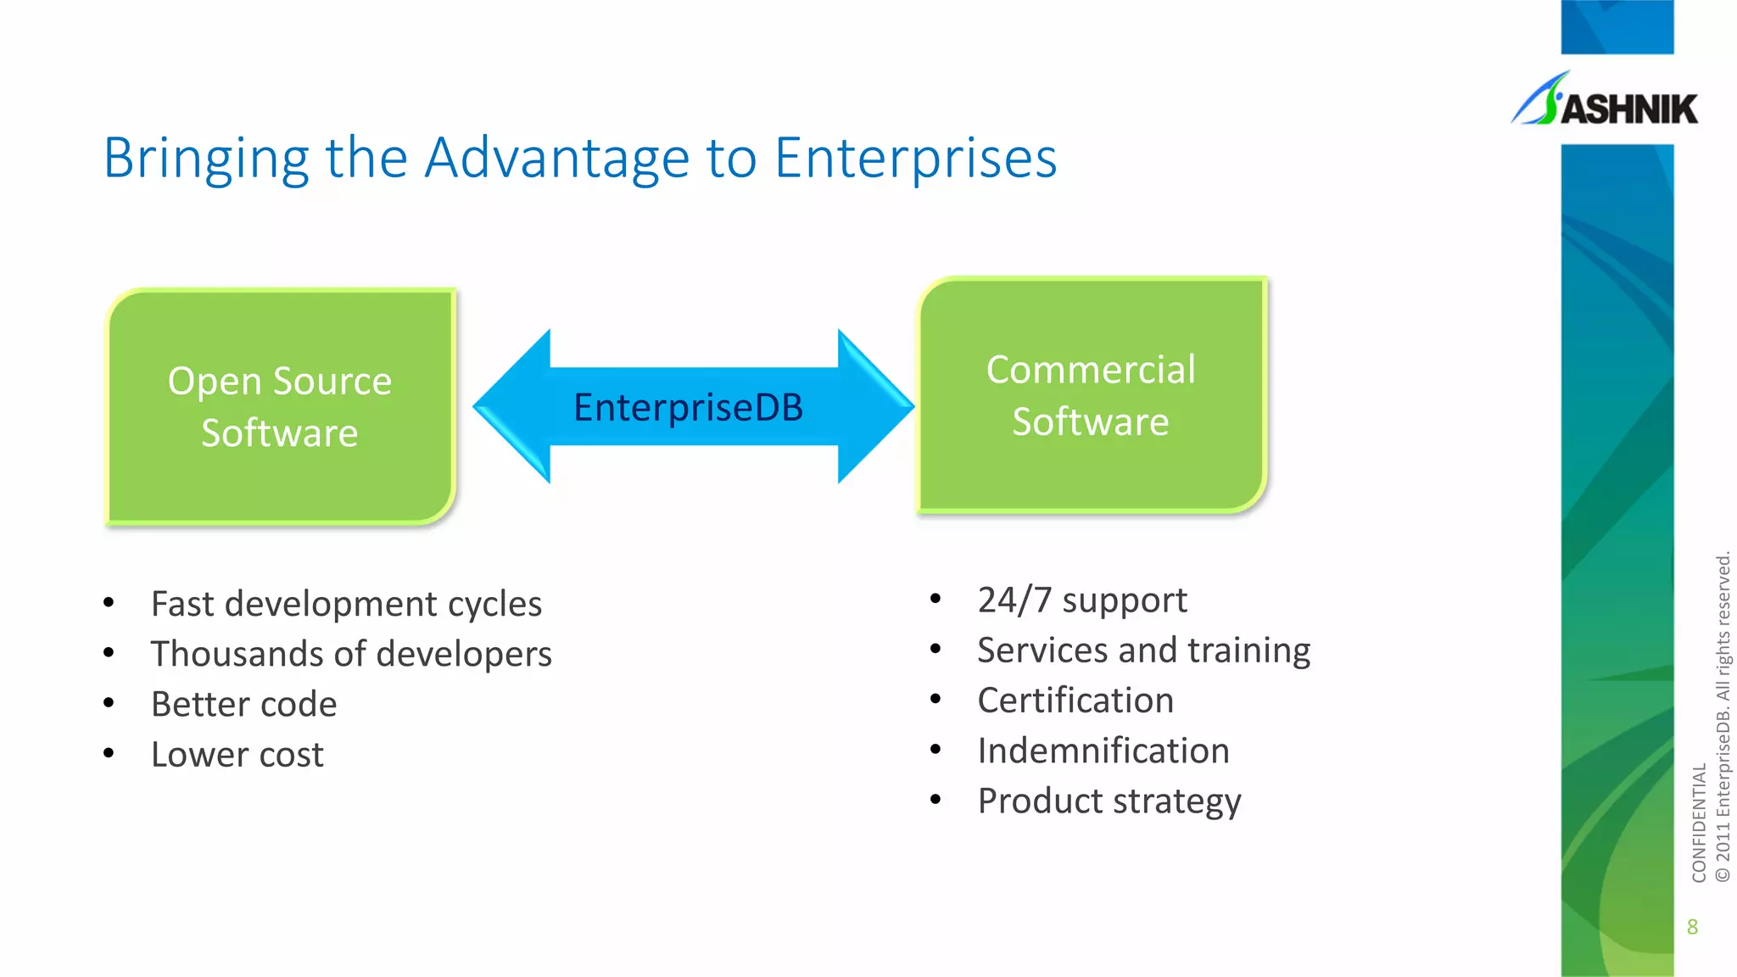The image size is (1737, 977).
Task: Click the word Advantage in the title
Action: [x=557, y=158]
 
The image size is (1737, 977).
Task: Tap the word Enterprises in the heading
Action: [x=915, y=158]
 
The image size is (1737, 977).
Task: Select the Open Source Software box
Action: [x=280, y=406]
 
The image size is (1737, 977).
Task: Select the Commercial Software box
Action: [x=1091, y=395]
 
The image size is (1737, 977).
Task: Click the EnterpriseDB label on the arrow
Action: [x=688, y=407]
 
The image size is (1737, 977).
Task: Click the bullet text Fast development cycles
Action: [x=346, y=604]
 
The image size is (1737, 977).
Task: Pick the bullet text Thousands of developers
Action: [x=351, y=654]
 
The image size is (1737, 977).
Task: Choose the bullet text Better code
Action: [x=244, y=704]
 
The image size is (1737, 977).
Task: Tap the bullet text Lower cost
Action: [x=237, y=754]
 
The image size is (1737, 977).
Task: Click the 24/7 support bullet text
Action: [x=1082, y=600]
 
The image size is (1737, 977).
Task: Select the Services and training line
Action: [x=1143, y=650]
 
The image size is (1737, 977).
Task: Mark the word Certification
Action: [x=1075, y=701]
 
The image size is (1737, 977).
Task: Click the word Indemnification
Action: [x=1103, y=751]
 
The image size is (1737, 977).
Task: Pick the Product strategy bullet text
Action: [x=1109, y=801]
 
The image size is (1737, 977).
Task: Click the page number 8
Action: [x=1692, y=927]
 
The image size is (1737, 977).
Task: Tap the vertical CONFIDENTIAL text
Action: [x=1698, y=823]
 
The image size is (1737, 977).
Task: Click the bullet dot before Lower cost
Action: [x=109, y=753]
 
